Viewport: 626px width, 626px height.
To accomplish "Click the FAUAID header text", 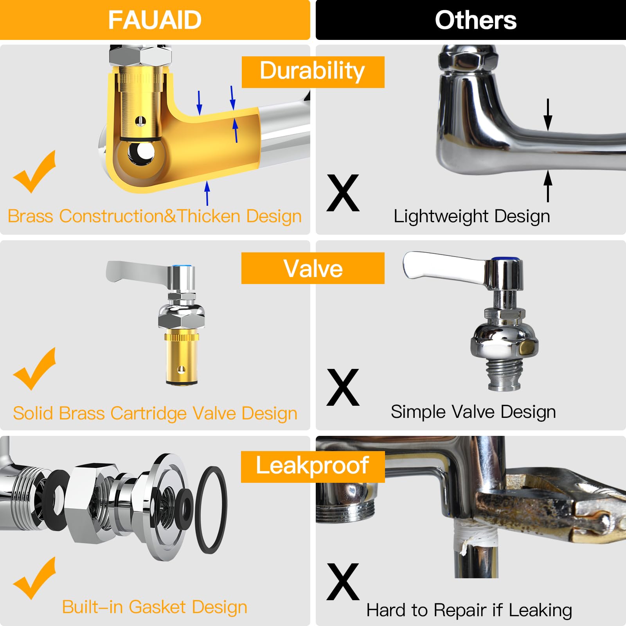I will point(155,20).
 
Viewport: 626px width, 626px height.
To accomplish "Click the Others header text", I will point(475,20).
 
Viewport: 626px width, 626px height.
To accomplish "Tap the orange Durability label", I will point(313,72).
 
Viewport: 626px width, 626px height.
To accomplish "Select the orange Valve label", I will point(313,268).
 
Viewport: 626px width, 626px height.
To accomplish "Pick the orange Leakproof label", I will point(313,466).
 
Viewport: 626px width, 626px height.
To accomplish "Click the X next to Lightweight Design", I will point(343,193).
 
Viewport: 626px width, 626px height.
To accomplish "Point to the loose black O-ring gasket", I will point(211,510).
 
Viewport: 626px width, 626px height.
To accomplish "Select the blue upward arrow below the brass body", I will point(207,192).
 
